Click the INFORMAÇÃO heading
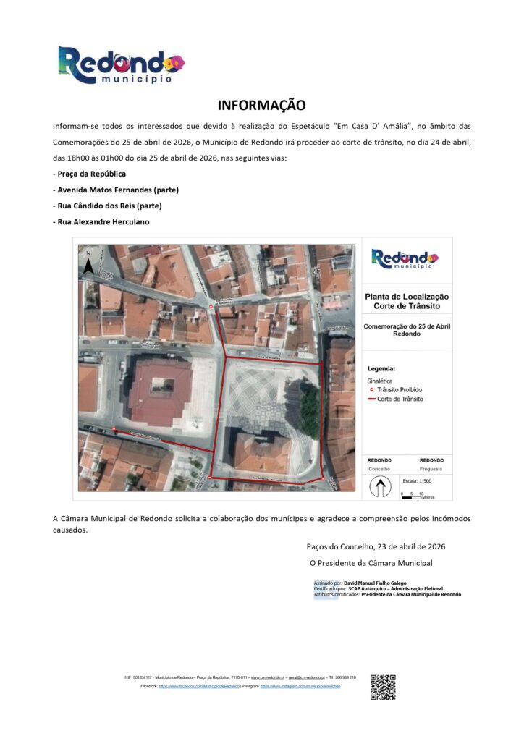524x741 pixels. coord(262,106)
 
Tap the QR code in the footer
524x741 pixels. coord(383,687)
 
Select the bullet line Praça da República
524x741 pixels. coord(90,174)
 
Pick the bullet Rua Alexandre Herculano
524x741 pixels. coord(101,221)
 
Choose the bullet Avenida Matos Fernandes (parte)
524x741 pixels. coord(116,190)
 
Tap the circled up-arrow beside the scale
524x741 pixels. coord(379,488)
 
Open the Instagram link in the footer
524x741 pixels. coord(300,685)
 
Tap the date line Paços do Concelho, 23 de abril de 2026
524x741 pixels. coord(375,546)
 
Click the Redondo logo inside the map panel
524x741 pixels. coord(405,258)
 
